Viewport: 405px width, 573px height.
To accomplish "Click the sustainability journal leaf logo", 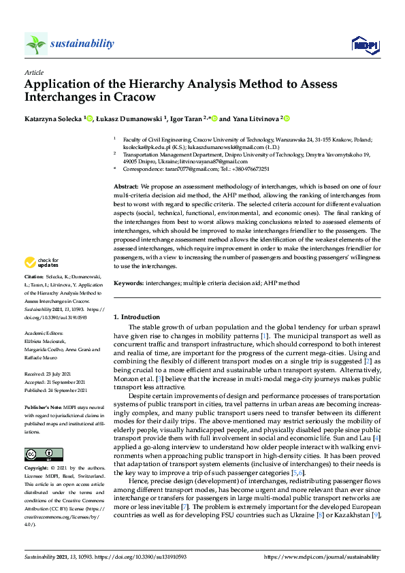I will click(36, 44).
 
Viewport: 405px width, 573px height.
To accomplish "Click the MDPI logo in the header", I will click(364, 45).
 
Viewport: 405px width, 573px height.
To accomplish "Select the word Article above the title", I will click(33, 72).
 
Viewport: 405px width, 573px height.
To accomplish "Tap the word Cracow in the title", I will click(136, 97).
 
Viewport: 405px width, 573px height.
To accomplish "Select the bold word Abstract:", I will click(126, 186).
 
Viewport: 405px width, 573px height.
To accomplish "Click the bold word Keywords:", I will click(129, 282).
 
